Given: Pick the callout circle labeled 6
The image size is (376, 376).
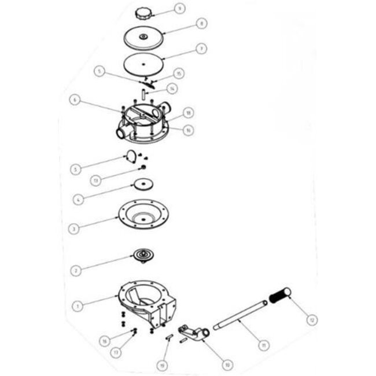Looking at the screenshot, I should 75,99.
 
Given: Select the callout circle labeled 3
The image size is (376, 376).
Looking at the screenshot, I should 74,229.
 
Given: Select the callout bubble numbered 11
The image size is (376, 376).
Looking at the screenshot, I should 263,345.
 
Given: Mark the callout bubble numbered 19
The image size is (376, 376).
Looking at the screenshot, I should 163,365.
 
